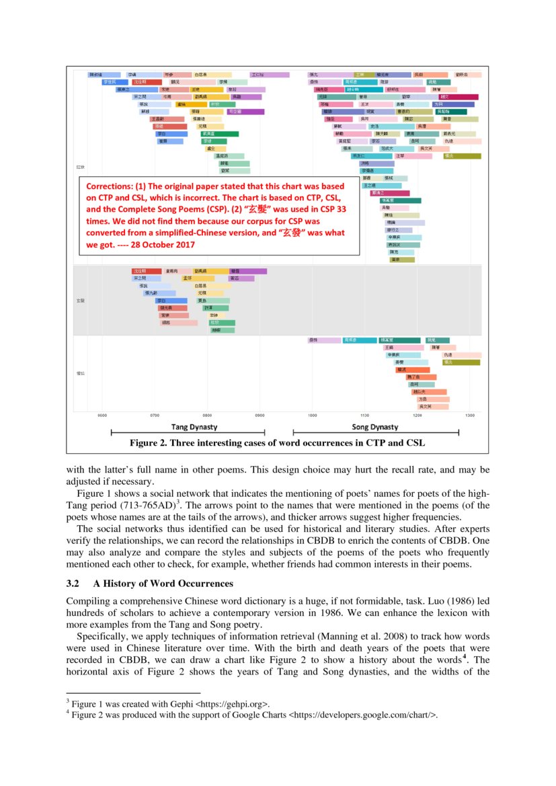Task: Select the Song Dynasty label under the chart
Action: point(374,427)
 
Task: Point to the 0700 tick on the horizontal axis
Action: point(155,416)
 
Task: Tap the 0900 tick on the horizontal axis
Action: point(259,416)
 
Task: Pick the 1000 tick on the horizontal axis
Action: point(313,416)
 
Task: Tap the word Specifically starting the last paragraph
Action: point(101,635)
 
